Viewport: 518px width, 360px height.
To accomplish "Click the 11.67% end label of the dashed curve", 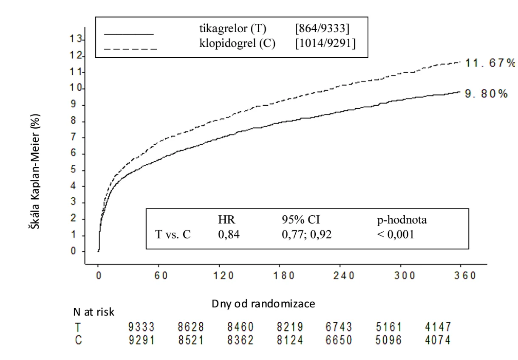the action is [x=490, y=63].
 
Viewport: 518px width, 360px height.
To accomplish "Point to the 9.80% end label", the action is [x=486, y=94].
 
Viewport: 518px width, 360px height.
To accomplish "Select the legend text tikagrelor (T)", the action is [x=233, y=28].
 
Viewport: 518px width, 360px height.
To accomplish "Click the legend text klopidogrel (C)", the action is [x=237, y=43].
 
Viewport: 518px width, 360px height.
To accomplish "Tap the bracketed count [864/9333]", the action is [x=322, y=28].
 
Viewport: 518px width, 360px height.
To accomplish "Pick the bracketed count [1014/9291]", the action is [x=326, y=43].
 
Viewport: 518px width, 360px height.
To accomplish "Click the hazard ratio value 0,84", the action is [x=229, y=235].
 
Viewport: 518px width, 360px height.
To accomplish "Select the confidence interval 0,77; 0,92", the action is [x=307, y=235].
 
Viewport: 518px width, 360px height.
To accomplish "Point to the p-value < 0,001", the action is [x=396, y=235].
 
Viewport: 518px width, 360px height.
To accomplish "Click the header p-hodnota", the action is [x=402, y=220].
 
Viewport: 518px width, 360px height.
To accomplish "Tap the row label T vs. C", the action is [x=173, y=234].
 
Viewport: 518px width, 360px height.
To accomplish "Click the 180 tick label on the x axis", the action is [x=284, y=276].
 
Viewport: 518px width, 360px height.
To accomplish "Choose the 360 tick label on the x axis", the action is [x=465, y=276].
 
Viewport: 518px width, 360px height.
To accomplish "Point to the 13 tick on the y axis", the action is [x=76, y=39].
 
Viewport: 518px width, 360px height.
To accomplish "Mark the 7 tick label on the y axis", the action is [x=74, y=137].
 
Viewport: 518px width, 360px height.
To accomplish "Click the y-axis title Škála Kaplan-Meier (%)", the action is [x=35, y=172].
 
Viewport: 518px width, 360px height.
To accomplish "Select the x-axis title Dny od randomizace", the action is [x=263, y=304].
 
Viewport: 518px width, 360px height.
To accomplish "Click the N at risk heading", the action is [x=93, y=312].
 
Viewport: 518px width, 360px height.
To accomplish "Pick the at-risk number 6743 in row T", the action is [x=339, y=327].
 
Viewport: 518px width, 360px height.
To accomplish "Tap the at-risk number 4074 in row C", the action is [x=438, y=340].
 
